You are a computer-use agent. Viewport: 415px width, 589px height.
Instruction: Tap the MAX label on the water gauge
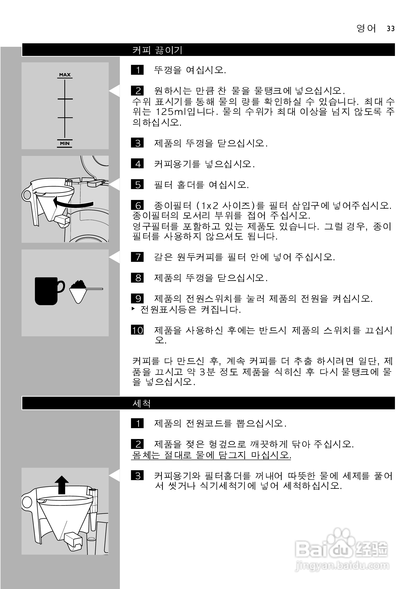65,75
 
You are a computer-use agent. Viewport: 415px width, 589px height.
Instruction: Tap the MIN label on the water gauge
65,143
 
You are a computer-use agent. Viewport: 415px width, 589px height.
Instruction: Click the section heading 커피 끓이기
157,50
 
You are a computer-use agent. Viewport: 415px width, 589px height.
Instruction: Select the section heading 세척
141,404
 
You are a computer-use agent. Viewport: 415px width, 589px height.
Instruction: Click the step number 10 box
137,330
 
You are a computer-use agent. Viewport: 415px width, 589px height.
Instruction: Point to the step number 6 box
137,205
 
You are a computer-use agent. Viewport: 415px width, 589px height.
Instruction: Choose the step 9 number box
137,298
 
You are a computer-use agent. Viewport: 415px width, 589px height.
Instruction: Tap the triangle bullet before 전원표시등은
133,309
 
